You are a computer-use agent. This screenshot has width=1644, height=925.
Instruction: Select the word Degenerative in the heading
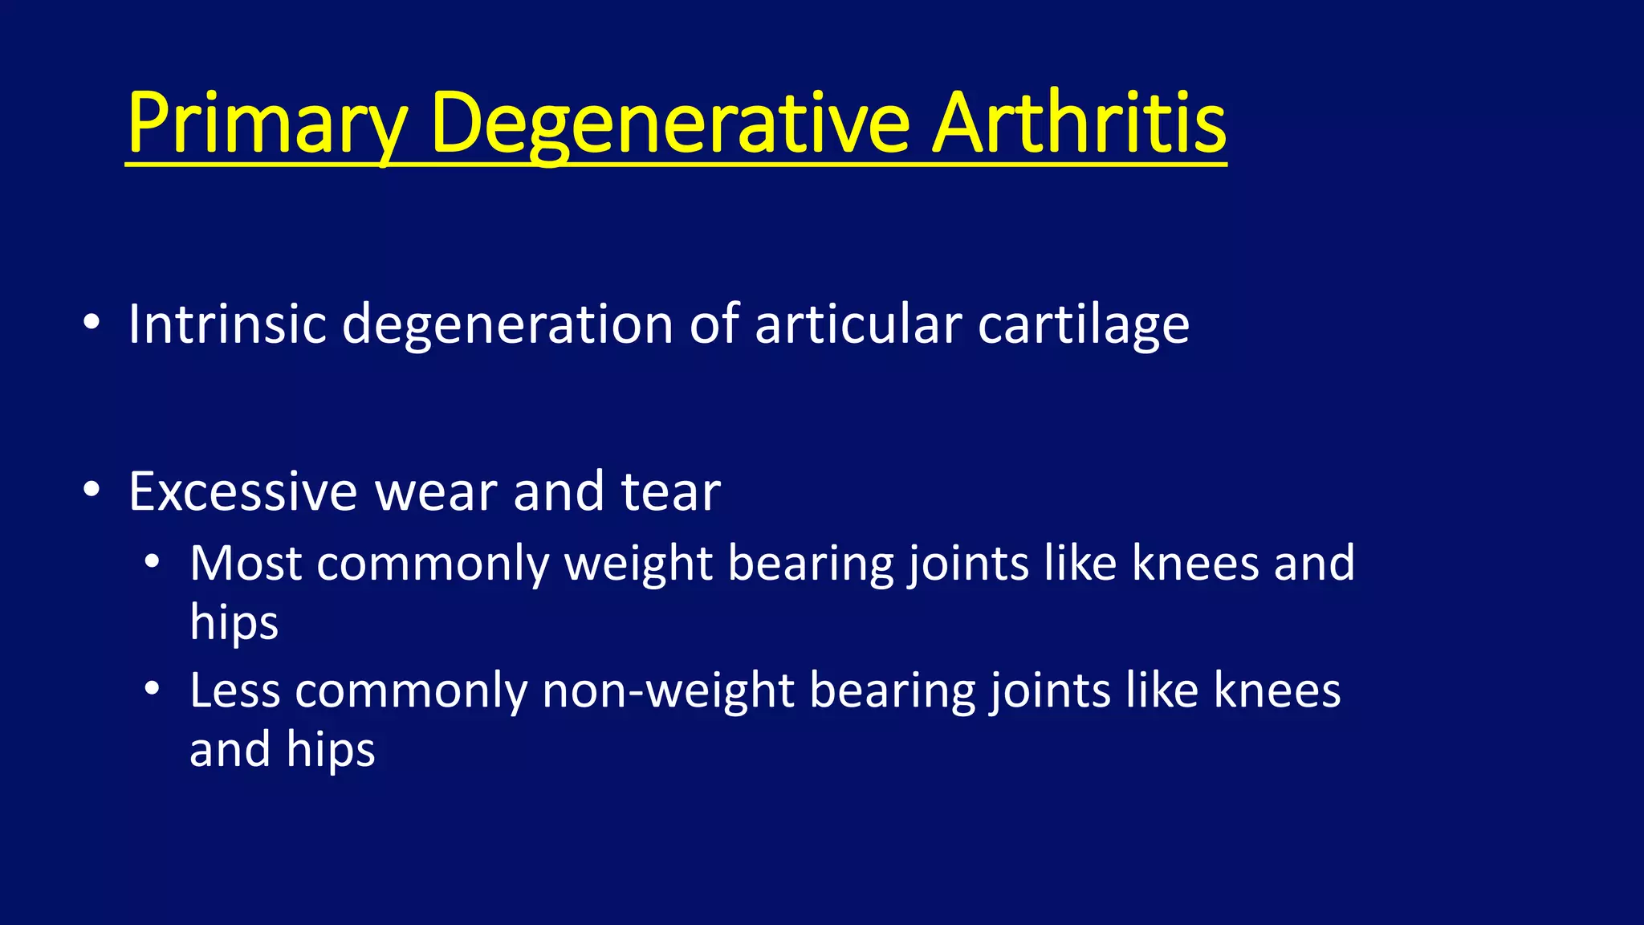pos(670,124)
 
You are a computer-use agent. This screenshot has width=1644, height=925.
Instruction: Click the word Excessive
pos(242,491)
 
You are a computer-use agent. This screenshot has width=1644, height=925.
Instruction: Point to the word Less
pos(235,690)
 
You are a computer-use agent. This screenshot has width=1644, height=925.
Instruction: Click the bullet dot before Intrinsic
pos(92,323)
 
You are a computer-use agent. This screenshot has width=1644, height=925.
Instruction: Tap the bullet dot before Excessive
pos(92,489)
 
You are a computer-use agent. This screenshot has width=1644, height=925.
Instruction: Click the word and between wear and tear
pos(559,491)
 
